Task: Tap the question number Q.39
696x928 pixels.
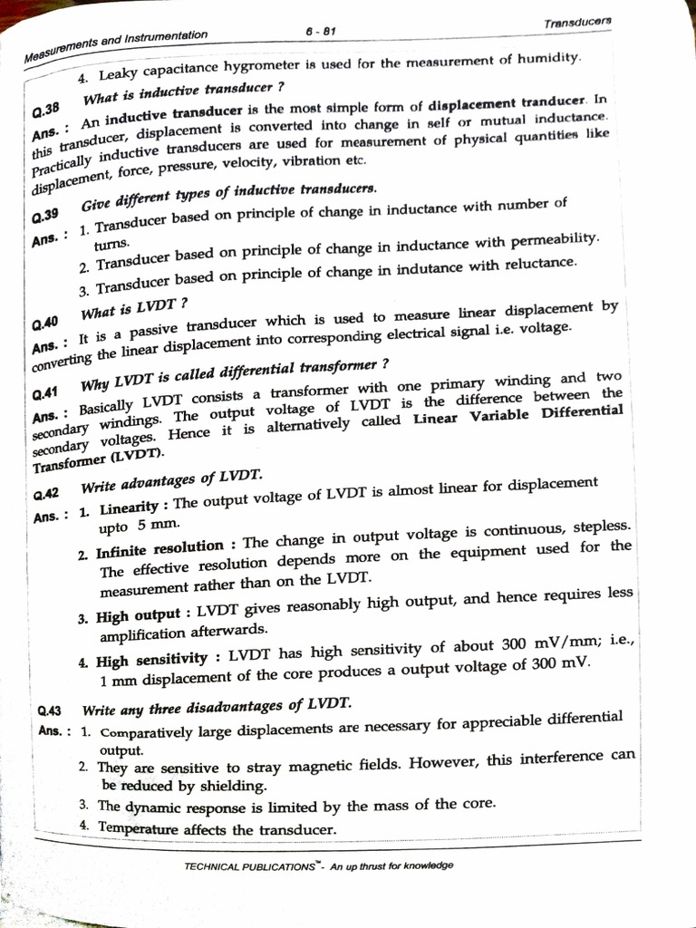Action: (43, 217)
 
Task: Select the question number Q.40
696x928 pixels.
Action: (43, 324)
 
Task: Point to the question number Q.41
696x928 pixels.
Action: (44, 394)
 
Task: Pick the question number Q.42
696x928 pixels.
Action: (45, 494)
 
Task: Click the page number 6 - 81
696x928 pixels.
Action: (321, 30)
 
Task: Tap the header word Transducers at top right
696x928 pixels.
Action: (577, 22)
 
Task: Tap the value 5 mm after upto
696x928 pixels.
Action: (154, 526)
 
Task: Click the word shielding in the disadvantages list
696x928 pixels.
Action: (234, 786)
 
